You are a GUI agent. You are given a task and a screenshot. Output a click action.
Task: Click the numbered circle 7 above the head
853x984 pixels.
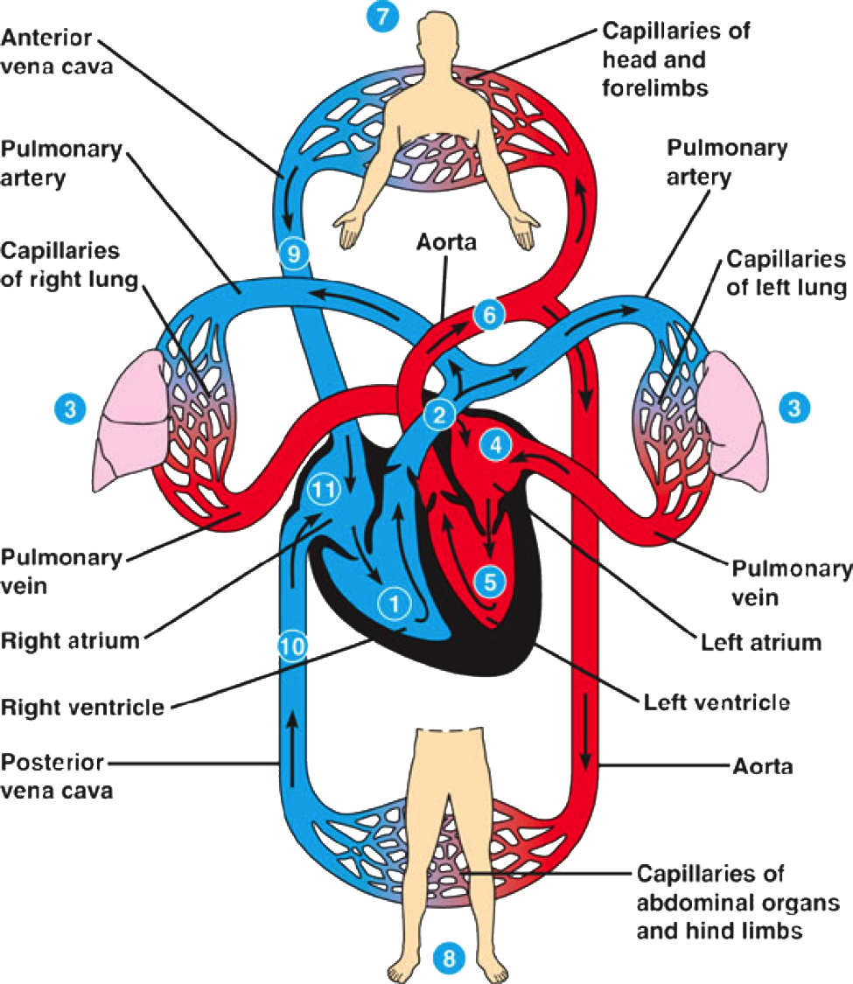point(382,17)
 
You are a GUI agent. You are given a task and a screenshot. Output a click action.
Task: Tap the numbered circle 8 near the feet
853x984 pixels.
point(449,959)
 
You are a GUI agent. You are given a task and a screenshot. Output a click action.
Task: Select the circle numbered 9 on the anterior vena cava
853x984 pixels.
point(293,254)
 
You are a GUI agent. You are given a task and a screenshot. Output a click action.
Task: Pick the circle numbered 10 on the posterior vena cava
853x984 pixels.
point(292,646)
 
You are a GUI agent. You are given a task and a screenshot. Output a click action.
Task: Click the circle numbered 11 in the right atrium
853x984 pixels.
point(324,489)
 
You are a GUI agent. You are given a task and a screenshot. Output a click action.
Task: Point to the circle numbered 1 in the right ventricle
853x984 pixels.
point(395,604)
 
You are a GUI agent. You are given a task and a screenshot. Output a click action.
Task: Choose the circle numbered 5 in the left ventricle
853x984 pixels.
point(490,582)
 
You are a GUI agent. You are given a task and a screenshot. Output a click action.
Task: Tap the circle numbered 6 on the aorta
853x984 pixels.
point(490,314)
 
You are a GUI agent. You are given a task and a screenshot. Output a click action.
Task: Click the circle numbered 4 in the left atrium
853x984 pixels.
point(496,445)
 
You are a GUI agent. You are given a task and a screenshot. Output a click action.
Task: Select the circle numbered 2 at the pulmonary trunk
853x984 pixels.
point(439,415)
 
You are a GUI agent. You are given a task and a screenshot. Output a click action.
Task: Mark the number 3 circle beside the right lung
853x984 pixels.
point(70,409)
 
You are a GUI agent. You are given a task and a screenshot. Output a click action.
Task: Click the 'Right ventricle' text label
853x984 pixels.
point(82,708)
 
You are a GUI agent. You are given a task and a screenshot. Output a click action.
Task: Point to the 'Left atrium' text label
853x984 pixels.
point(761,642)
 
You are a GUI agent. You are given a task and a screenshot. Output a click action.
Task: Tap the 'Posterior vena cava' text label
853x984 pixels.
point(57,777)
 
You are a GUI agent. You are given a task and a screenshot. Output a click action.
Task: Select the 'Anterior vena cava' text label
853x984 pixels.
point(57,52)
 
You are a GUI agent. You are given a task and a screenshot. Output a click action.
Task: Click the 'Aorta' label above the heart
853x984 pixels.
point(446,241)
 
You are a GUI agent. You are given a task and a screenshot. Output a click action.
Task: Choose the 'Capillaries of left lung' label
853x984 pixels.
point(787,273)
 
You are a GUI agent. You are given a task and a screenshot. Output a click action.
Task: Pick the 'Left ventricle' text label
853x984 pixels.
point(717,702)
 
